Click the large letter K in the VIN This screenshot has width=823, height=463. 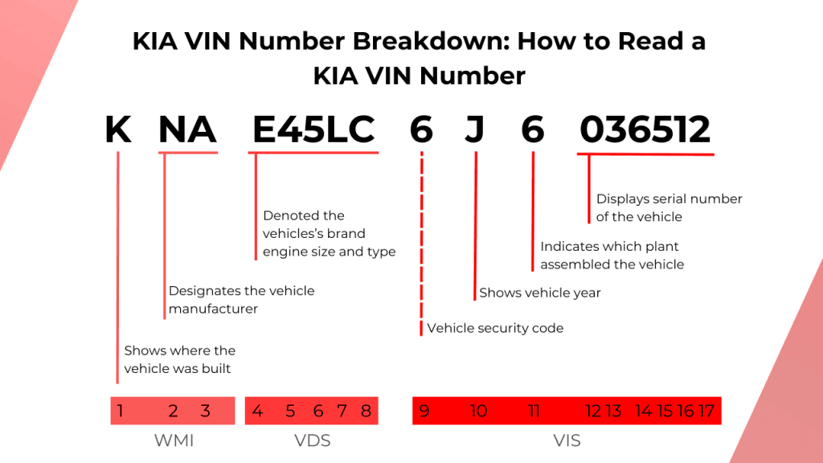[118, 129]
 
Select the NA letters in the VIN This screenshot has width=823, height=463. [187, 129]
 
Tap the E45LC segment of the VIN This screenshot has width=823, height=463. [313, 129]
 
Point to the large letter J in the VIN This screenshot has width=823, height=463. [475, 129]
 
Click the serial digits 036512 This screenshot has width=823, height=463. [645, 129]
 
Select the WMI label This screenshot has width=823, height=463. [174, 441]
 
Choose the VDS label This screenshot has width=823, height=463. [313, 441]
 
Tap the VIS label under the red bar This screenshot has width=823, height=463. [567, 441]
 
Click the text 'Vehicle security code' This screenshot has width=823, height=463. [495, 328]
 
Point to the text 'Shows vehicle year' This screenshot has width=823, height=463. [540, 293]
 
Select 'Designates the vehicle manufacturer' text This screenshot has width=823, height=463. [241, 299]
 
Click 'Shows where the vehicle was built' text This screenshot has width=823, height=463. [179, 359]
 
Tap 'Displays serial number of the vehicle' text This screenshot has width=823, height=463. [669, 207]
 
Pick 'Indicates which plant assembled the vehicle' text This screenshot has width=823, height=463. [612, 255]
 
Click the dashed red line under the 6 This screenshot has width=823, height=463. [421, 241]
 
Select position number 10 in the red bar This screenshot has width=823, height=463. [478, 412]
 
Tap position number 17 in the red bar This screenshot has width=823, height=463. [706, 412]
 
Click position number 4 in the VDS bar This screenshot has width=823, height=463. [257, 412]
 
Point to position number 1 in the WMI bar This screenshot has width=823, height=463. [120, 412]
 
